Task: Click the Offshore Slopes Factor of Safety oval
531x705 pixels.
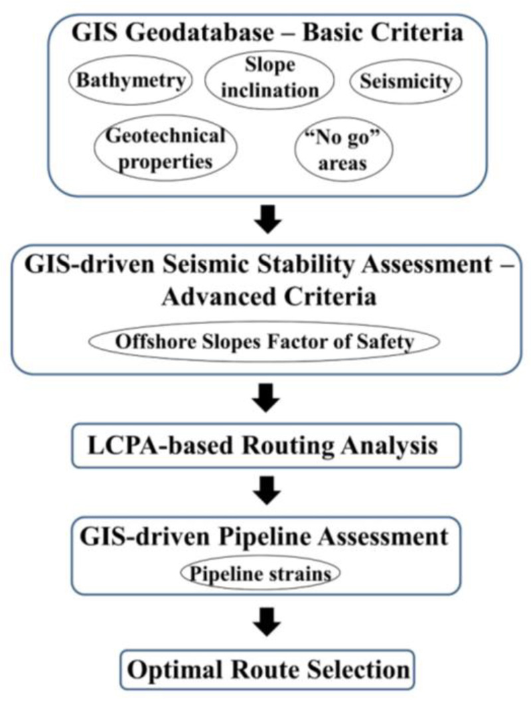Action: click(264, 343)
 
